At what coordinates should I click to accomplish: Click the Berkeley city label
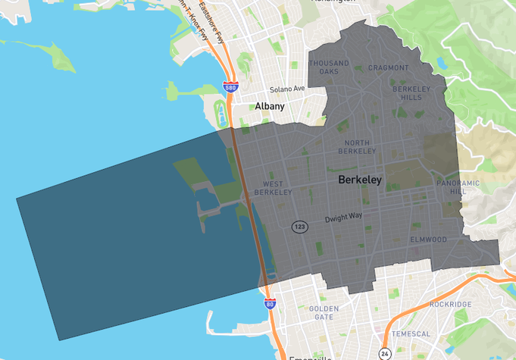360,180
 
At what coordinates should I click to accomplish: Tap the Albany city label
269,106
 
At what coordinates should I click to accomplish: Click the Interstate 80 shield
270,303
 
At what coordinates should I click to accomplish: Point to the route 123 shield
300,227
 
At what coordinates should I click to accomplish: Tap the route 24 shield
385,353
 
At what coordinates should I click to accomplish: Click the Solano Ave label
287,89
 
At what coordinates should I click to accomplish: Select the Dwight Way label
344,218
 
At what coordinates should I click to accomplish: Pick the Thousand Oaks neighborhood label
329,67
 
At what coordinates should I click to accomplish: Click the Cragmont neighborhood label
388,67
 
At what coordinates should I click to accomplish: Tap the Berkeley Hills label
411,92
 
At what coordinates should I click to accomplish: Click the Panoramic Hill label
458,187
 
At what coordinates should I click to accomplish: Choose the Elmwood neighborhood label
428,239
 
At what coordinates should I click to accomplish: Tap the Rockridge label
450,304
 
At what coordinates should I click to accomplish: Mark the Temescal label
411,333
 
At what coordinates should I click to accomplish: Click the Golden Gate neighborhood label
324,312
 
